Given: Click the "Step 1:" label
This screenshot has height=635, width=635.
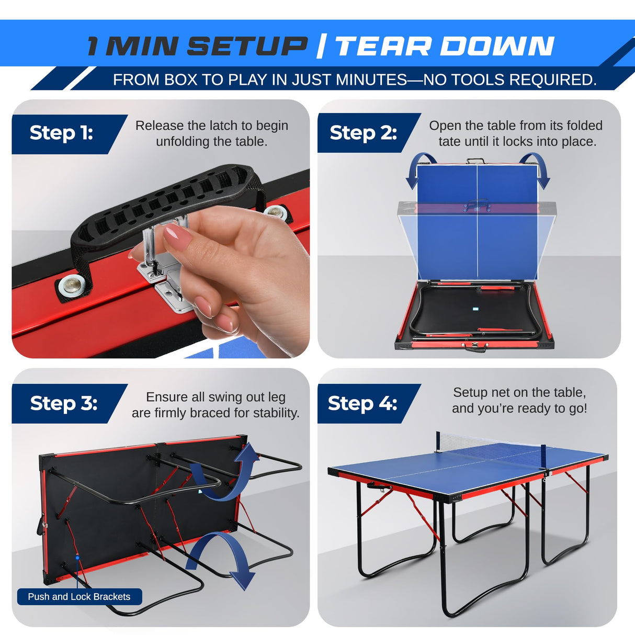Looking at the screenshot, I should [61, 133].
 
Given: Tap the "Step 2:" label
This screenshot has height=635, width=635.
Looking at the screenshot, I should [363, 133].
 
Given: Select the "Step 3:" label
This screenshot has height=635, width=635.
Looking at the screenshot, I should [63, 403].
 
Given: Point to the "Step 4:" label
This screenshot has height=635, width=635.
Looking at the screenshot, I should [362, 403].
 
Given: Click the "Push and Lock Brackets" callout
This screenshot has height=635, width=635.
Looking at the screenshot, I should [79, 597].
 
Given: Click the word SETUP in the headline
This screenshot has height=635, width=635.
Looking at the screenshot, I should [247, 46].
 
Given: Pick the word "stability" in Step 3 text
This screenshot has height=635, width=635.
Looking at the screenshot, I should [275, 413].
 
